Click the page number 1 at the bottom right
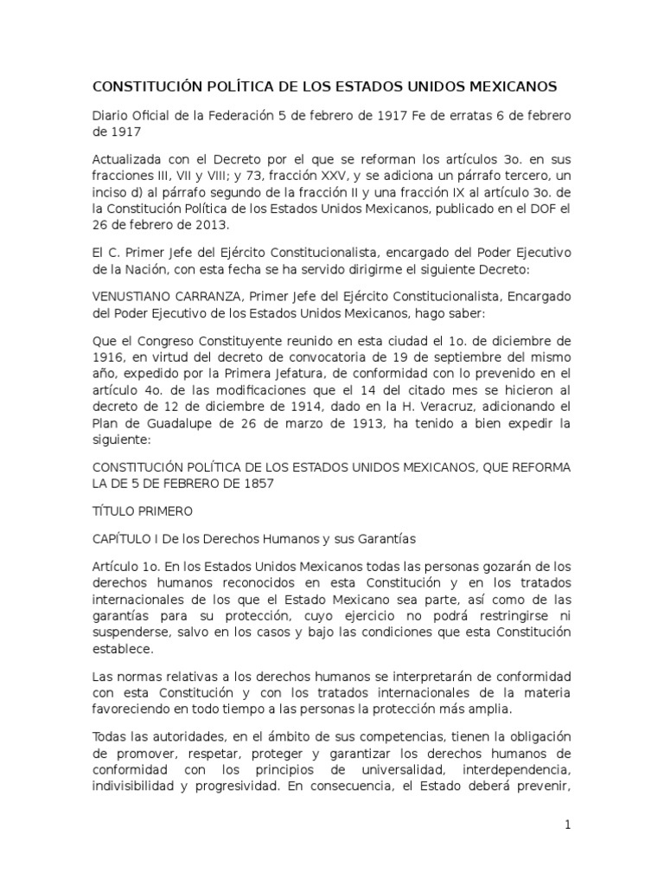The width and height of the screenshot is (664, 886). pyautogui.click(x=568, y=825)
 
